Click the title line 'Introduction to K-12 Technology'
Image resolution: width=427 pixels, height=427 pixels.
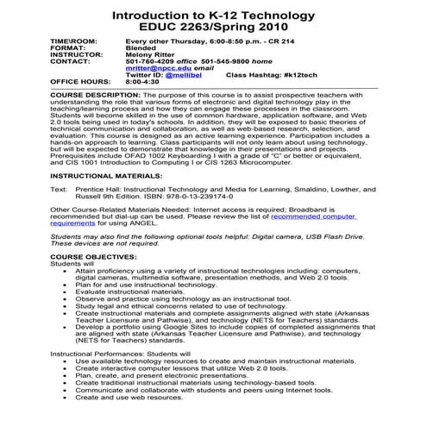213,16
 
